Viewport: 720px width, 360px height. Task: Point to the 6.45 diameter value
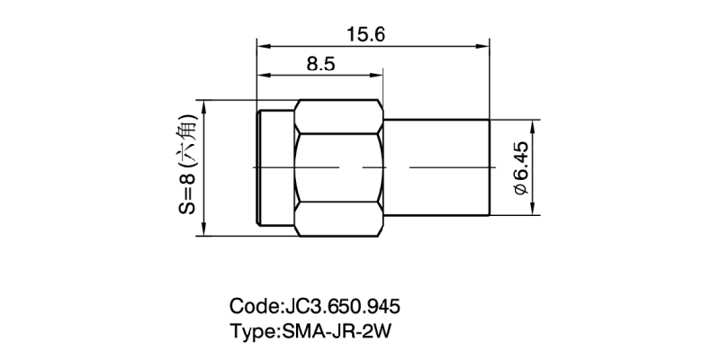pyautogui.click(x=520, y=163)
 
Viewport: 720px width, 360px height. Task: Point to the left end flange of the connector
pyautogui.click(x=275, y=168)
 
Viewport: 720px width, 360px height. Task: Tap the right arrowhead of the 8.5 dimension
pyautogui.click(x=380, y=73)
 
